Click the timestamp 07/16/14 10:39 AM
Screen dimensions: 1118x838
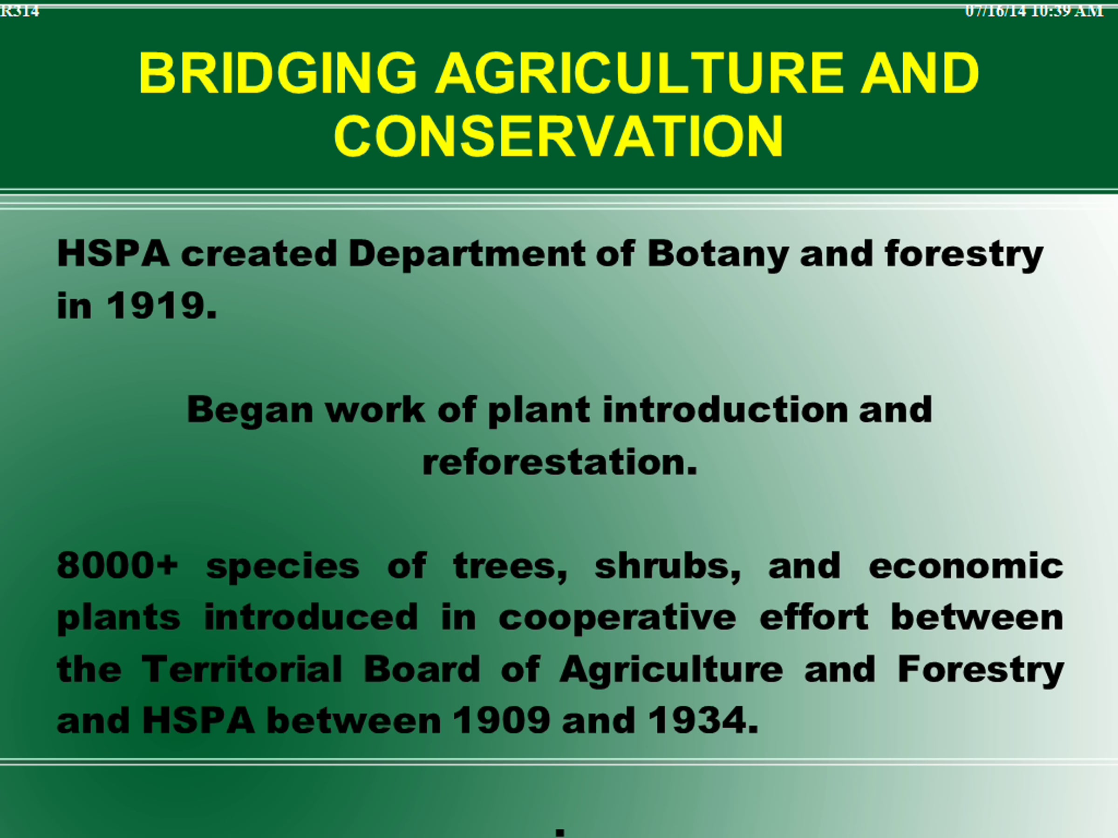pos(1034,11)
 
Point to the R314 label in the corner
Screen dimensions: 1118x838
pos(19,11)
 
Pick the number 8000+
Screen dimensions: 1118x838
pos(117,565)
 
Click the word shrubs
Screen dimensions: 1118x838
pos(668,566)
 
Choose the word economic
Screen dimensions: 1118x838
pos(966,566)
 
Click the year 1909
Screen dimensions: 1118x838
pos(501,721)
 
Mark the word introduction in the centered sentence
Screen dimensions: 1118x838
pos(725,409)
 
